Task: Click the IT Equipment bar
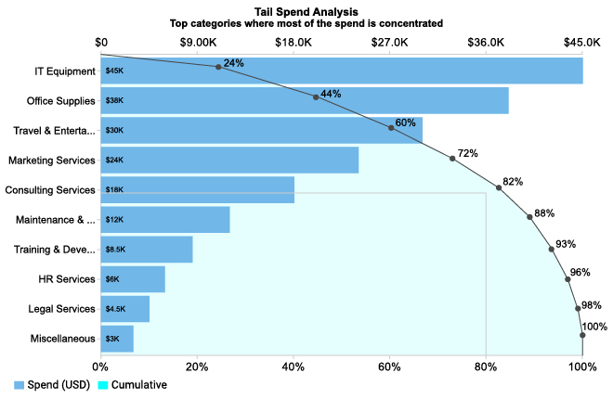pyautogui.click(x=342, y=71)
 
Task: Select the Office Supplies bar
pyautogui.click(x=305, y=100)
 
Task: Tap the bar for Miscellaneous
pyautogui.click(x=117, y=339)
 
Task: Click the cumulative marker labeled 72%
pyautogui.click(x=452, y=159)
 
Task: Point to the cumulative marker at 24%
pyautogui.click(x=218, y=67)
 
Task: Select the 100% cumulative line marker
pyautogui.click(x=582, y=336)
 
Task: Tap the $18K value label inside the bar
pyautogui.click(x=114, y=190)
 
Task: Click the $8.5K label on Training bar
pyautogui.click(x=115, y=250)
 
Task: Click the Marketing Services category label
pyautogui.click(x=52, y=161)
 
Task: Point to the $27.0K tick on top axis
pyautogui.click(x=390, y=43)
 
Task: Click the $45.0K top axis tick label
pyautogui.click(x=581, y=43)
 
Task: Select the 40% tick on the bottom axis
pyautogui.click(x=293, y=367)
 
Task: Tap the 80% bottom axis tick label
pyautogui.click(x=486, y=367)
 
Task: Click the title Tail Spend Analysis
pyautogui.click(x=306, y=10)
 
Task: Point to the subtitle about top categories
pyautogui.click(x=306, y=22)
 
